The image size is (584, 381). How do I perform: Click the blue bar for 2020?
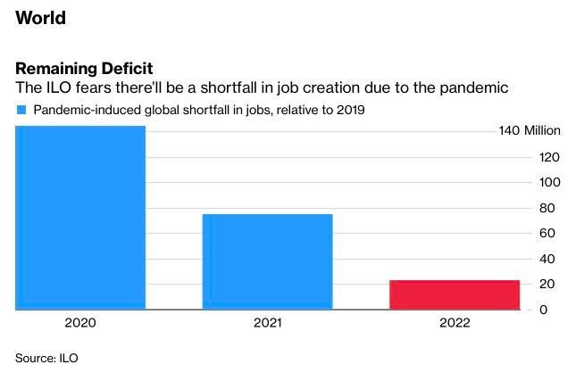pos(80,218)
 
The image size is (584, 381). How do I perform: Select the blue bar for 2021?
pos(267,261)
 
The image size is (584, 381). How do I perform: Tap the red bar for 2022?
pos(455,294)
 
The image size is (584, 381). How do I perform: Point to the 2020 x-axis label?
pos(80,323)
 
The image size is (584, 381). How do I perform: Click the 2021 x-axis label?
pos(267,323)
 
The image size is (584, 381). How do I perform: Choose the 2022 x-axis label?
pos(455,323)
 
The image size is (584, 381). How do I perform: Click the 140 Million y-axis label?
pos(530,131)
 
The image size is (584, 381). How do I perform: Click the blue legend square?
pos(21,110)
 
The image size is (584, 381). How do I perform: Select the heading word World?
pos(40,18)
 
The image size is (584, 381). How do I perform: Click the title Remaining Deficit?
pos(84,69)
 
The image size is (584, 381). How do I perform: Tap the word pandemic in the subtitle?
pos(476,88)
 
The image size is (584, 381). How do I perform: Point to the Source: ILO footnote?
pos(46,359)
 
